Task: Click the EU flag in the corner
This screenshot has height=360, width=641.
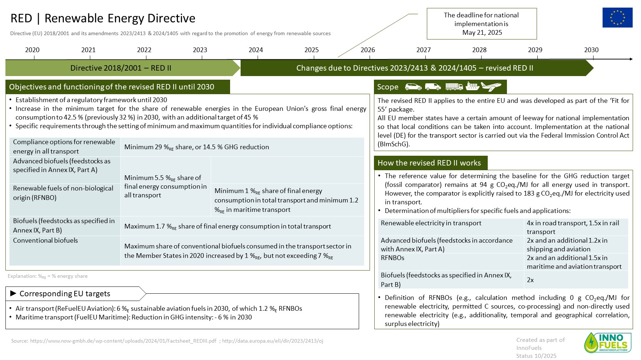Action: tap(617, 17)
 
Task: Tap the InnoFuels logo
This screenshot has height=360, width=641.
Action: tap(608, 342)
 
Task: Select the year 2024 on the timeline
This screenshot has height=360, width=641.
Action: tap(255, 50)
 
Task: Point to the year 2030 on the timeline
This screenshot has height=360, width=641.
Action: tap(591, 50)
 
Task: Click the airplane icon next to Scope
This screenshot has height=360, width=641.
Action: tap(491, 87)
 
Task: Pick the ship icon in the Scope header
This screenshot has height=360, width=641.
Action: tap(473, 87)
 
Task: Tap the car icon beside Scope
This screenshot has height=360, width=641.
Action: tap(413, 87)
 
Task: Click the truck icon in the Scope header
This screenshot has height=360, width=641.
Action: tap(454, 87)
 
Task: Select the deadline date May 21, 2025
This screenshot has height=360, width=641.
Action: tap(482, 33)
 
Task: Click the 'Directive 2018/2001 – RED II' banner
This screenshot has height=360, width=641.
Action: tap(121, 68)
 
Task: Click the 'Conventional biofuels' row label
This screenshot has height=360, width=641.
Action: tap(46, 240)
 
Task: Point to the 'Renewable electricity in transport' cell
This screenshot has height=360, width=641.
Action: tap(431, 223)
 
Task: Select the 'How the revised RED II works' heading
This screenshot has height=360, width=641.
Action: tap(429, 163)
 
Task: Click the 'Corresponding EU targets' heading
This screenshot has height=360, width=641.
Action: tap(65, 294)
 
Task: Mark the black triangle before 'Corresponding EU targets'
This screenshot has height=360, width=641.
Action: tap(13, 293)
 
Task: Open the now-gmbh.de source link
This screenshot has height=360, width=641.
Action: tap(123, 341)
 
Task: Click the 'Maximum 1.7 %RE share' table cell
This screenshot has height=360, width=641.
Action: tap(228, 226)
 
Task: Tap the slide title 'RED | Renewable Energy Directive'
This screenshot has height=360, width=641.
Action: tap(103, 18)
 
